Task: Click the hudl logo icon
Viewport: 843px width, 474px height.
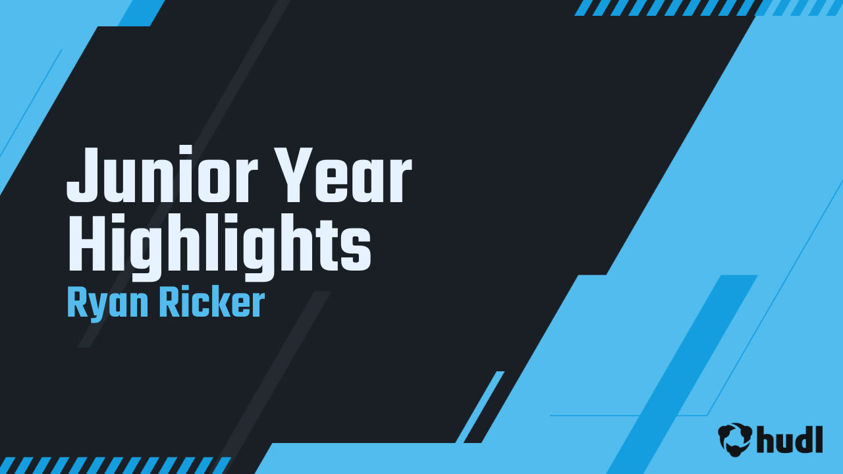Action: point(735,439)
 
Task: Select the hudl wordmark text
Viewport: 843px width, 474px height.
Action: point(790,439)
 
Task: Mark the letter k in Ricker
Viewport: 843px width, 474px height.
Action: point(223,304)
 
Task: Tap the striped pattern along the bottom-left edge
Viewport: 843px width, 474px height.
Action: point(112,465)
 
